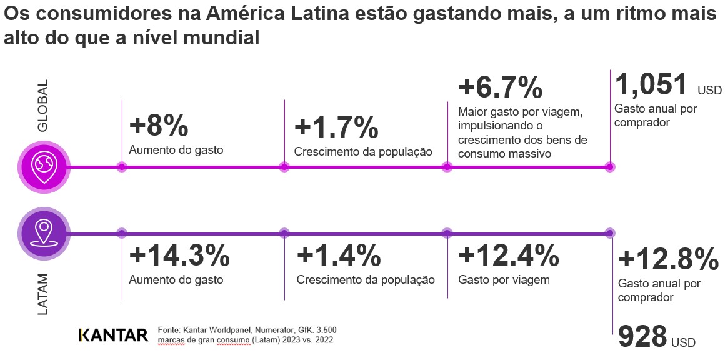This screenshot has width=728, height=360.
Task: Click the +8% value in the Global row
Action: pyautogui.click(x=158, y=126)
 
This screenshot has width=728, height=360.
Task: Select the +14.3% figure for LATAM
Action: pyautogui.click(x=179, y=256)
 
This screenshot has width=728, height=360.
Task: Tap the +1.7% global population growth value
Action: pyautogui.click(x=336, y=127)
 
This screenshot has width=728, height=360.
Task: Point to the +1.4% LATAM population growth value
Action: pyautogui.click(x=338, y=256)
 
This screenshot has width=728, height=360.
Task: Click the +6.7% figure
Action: pyautogui.click(x=500, y=87)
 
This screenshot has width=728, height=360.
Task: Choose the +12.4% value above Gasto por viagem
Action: pyautogui.click(x=508, y=255)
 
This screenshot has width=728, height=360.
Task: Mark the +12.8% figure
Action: pyautogui.click(x=668, y=259)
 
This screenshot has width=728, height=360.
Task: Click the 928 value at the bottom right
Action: pyautogui.click(x=642, y=337)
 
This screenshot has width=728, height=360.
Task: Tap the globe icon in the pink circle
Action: pyautogui.click(x=44, y=167)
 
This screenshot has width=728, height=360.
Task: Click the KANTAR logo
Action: pyautogui.click(x=113, y=335)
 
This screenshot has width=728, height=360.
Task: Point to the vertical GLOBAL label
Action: pyautogui.click(x=42, y=106)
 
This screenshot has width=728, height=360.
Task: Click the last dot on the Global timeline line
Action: pyautogui.click(x=609, y=167)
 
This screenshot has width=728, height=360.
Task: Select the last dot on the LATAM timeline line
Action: pyautogui.click(x=609, y=233)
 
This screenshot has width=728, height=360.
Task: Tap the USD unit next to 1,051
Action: pyautogui.click(x=709, y=91)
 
